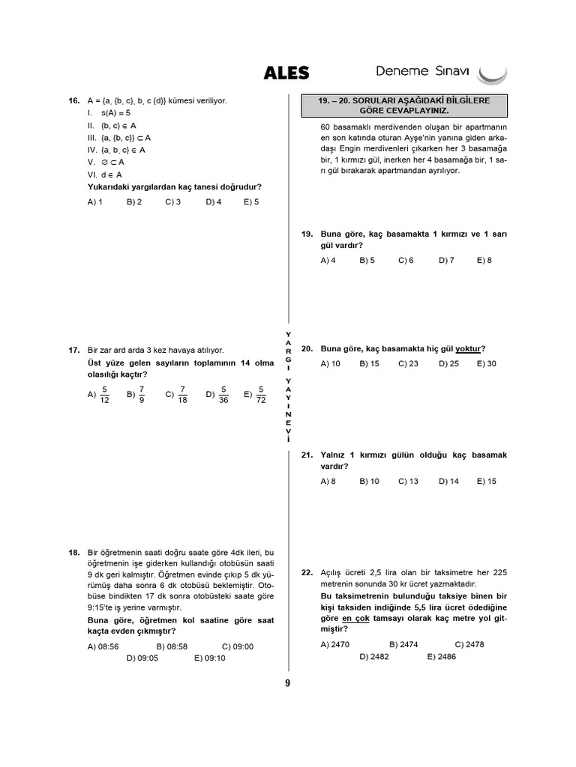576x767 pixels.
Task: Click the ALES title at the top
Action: point(286,73)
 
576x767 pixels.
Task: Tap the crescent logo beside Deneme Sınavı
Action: point(492,74)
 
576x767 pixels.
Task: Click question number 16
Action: point(73,100)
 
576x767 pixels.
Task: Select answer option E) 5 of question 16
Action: point(251,201)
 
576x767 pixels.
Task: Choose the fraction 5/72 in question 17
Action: point(260,395)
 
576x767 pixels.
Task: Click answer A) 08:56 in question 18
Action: point(103,646)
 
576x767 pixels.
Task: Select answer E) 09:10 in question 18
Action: point(210,658)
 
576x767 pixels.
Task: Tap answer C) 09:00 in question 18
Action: point(238,646)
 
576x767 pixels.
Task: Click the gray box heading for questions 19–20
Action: point(405,105)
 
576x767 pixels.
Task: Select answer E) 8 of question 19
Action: point(484,260)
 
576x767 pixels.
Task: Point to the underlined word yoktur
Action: point(469,348)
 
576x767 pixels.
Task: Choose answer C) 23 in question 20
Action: point(408,363)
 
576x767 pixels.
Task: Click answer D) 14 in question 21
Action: point(448,481)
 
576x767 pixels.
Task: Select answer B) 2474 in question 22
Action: point(404,644)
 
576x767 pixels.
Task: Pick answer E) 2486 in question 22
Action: point(442,656)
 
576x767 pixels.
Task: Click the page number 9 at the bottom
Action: point(287,682)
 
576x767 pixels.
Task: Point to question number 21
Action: point(307,455)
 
